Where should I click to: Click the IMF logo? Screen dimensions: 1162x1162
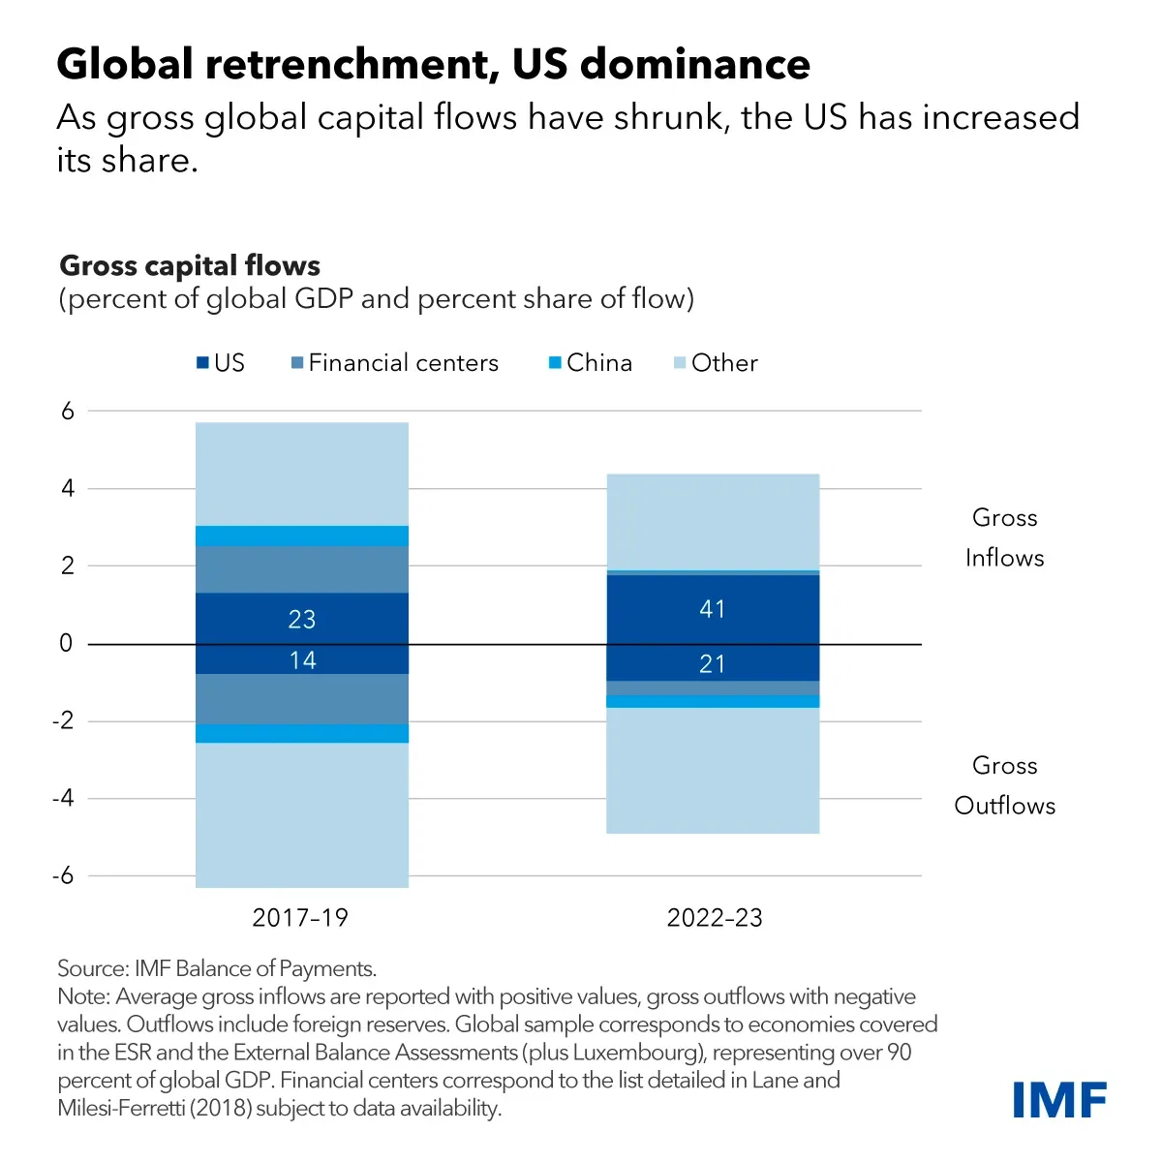pos(1059,1100)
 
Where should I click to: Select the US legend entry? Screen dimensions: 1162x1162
pos(220,363)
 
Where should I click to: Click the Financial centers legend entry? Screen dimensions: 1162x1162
pos(394,363)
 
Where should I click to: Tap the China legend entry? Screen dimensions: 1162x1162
pos(590,363)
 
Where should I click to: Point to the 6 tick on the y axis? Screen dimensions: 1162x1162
pos(67,411)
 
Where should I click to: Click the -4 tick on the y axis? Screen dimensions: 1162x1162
pos(63,799)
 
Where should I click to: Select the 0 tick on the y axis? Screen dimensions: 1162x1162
pos(66,644)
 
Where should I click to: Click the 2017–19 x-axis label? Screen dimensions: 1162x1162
pos(300,918)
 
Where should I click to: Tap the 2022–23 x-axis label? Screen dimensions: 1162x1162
pos(715,918)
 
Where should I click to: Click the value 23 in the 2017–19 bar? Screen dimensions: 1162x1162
pos(302,620)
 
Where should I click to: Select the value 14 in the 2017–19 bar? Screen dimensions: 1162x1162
pos(302,660)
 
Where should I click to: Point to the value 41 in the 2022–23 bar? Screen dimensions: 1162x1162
pos(713,609)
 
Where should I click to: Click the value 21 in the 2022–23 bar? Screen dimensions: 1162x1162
pos(713,664)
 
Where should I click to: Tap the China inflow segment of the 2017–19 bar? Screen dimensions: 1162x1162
pos(302,535)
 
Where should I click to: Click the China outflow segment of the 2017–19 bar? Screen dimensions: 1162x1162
pos(302,733)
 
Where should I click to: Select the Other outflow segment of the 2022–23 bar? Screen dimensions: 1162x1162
pos(713,770)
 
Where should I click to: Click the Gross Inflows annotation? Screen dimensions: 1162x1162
pos(1004,537)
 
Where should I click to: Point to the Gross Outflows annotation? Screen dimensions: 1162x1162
pos(1004,785)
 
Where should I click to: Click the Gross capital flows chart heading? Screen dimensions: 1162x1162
pos(190,266)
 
